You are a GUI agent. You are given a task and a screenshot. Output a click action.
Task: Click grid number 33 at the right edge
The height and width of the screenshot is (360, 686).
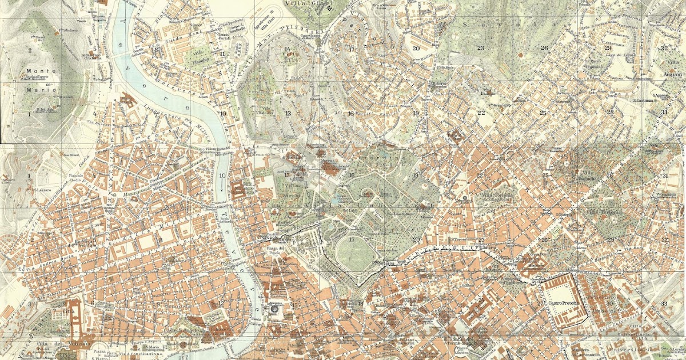pos(664,303)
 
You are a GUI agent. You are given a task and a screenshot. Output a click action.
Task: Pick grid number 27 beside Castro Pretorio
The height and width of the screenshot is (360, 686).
pos(540,303)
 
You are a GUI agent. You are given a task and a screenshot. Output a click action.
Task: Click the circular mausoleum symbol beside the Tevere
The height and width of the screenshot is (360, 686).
pos(274,309)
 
